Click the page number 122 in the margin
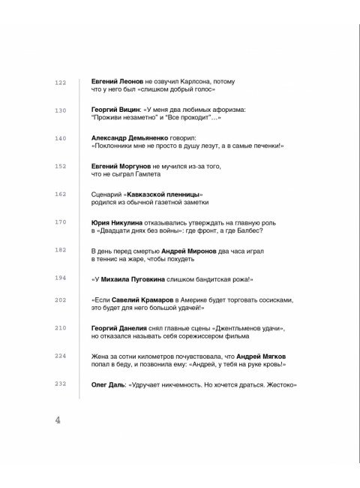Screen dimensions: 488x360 point(61,82)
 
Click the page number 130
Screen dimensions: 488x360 point(61,110)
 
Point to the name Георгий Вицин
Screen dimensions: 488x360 point(115,110)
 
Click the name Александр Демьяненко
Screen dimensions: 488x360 point(132,138)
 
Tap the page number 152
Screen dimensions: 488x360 point(61,167)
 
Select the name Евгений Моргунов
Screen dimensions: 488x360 point(121,166)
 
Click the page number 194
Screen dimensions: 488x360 point(61,279)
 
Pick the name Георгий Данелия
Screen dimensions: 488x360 point(118,328)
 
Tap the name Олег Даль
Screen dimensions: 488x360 point(108,384)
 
